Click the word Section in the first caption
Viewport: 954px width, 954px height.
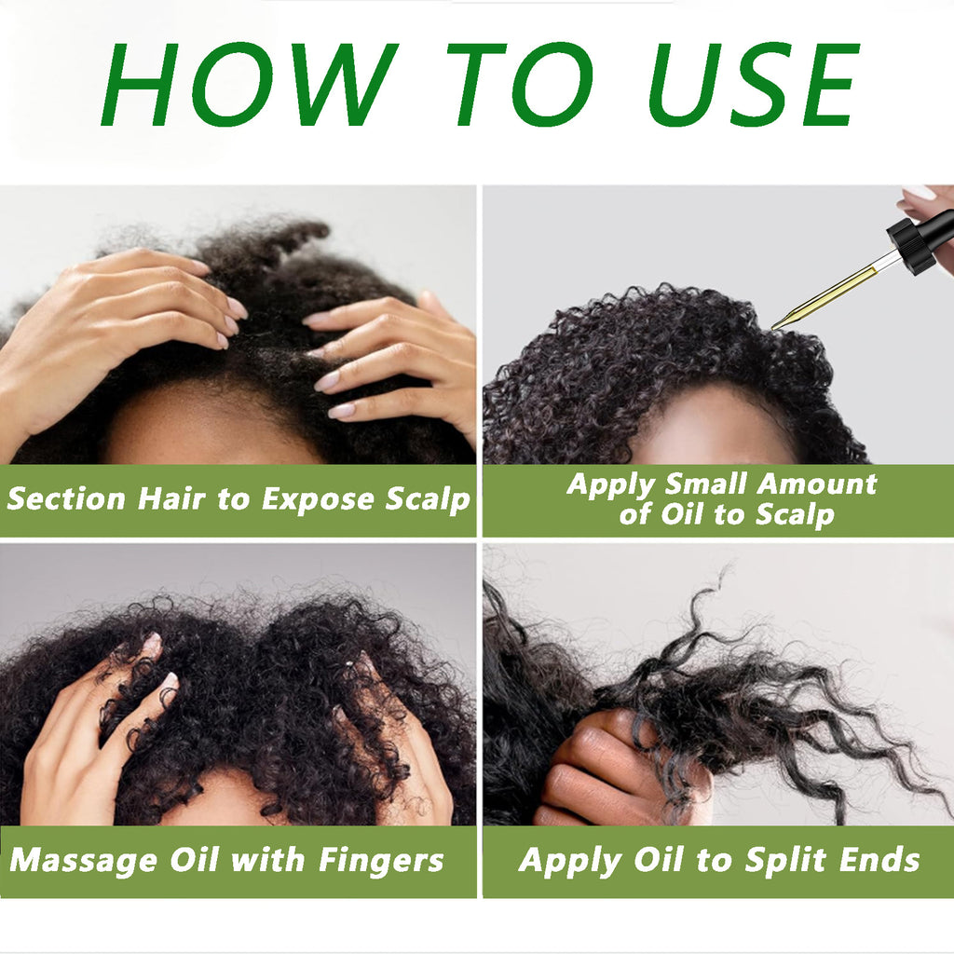[66, 499]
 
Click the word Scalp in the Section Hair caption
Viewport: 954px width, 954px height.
[428, 499]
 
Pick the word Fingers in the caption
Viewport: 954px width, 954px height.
[381, 860]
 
